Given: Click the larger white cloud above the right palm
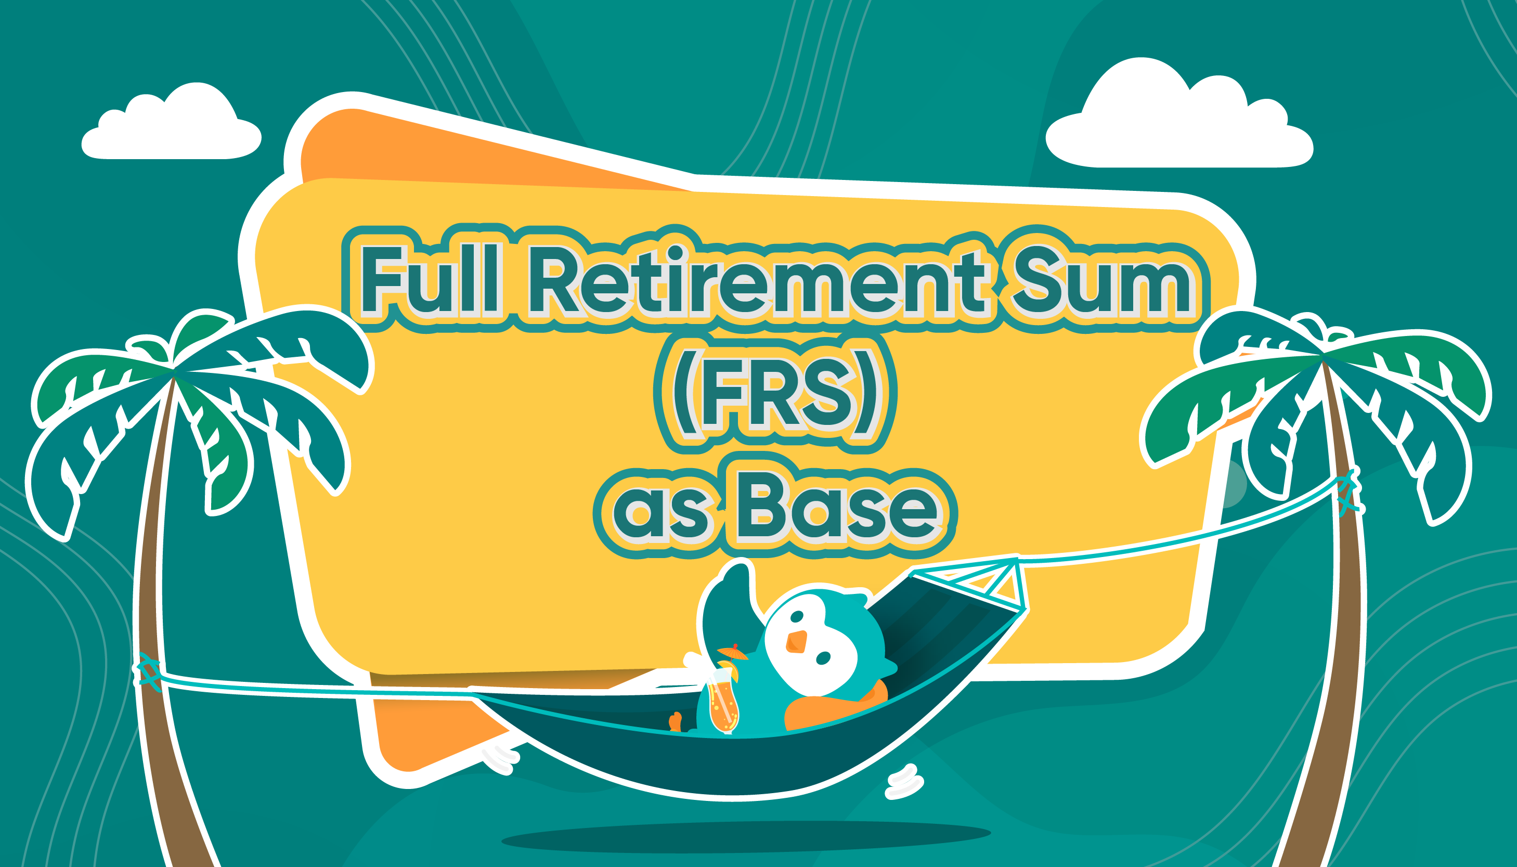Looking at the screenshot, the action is point(1179,113).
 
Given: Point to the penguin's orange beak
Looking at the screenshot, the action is point(796,642).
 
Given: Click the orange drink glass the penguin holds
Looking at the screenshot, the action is point(723,700).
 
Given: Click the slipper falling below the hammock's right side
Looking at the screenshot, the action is point(904,781).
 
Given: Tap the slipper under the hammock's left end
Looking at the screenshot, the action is point(500,759).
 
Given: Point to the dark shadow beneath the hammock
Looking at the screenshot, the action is point(745,837).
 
